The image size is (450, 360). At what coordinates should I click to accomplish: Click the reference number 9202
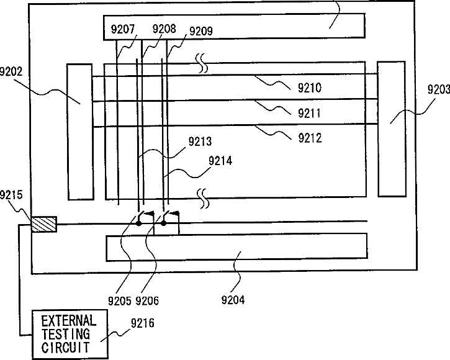point(14,72)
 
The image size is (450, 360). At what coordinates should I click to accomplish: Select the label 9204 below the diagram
point(234,301)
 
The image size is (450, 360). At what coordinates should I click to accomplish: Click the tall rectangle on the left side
point(79,131)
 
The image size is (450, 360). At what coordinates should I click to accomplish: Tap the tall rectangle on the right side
point(390,128)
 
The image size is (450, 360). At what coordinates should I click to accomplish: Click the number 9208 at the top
point(163,29)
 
